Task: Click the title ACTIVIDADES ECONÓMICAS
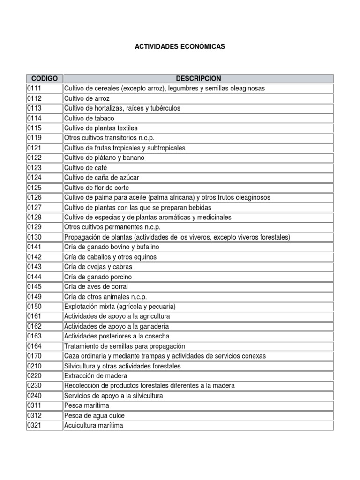click(180, 47)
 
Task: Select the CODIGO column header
click(45, 78)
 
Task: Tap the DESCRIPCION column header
click(198, 78)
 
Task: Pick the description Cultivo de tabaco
click(89, 118)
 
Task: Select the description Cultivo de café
click(85, 168)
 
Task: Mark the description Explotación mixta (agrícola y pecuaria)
click(120, 307)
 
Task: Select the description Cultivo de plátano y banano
click(105, 158)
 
